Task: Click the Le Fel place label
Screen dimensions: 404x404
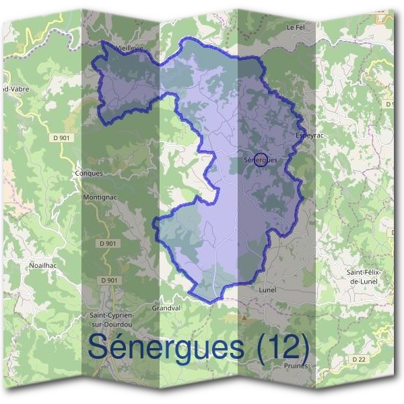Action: tap(296, 28)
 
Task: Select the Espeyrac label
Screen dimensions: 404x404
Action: tap(306, 135)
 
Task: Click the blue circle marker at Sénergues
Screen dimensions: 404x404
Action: tap(263, 160)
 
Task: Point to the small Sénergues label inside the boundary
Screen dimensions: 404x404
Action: tap(261, 160)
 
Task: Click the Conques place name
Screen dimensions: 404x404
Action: tap(90, 173)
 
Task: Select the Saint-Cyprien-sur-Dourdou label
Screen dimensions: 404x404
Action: tap(112, 319)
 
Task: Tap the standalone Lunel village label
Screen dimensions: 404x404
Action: tap(267, 290)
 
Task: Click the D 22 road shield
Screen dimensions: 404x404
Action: tap(358, 360)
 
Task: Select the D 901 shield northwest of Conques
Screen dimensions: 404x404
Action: tap(62, 137)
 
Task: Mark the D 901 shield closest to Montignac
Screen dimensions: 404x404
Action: tap(108, 243)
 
